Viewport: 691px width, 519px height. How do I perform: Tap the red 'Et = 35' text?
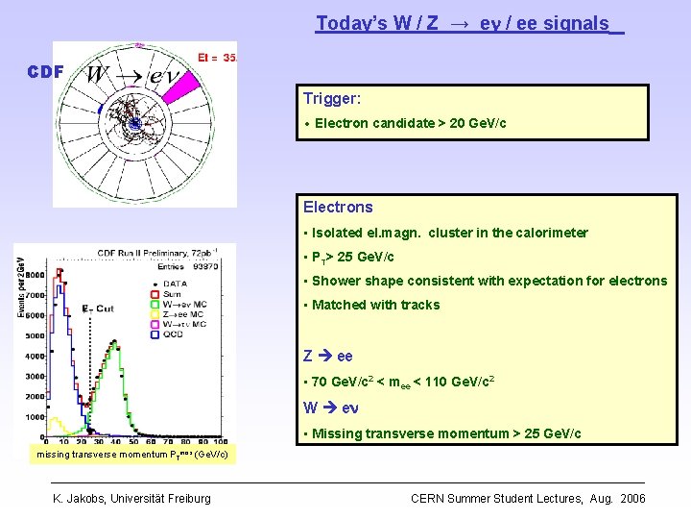coord(216,58)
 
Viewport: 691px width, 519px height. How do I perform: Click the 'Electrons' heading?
coord(338,207)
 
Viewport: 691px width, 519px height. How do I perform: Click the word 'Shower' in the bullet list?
coord(335,281)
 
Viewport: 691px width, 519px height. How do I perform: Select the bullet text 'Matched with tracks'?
coord(376,305)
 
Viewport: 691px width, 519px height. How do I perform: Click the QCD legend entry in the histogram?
coord(174,335)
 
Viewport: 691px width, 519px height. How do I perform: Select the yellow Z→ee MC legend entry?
coord(182,314)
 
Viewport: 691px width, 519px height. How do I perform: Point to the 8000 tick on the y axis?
coord(34,274)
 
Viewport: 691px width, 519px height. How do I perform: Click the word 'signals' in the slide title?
coord(578,23)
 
